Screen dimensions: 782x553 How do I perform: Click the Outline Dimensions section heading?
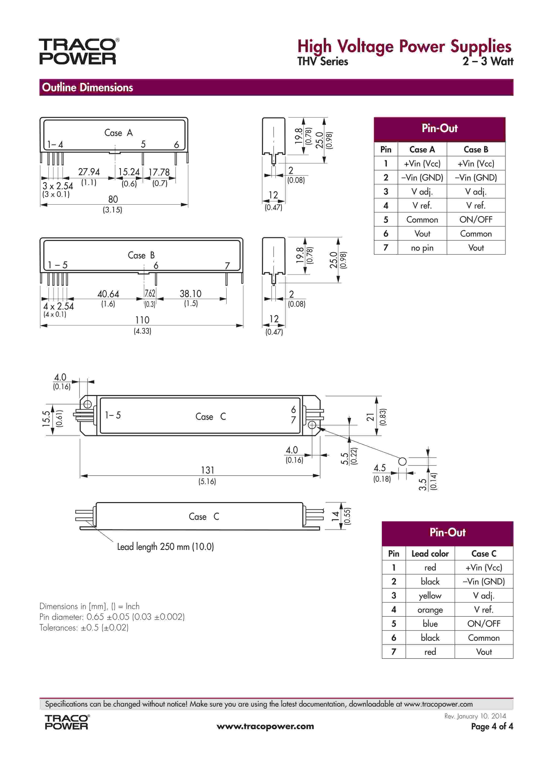click(87, 87)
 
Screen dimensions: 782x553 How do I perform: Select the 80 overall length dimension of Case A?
click(113, 199)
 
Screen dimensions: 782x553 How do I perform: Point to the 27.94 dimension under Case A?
click(89, 172)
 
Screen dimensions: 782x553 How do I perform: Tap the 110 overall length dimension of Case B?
click(142, 320)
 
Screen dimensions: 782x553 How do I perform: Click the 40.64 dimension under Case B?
click(108, 294)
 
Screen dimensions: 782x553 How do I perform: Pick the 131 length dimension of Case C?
click(207, 470)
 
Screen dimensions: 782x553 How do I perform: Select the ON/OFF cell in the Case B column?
click(476, 219)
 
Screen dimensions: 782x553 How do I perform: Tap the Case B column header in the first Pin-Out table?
click(476, 150)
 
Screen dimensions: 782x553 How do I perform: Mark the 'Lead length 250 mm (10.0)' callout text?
click(166, 547)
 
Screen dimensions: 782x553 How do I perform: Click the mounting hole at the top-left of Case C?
click(87, 404)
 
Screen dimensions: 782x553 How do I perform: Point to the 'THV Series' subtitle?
click(323, 62)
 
